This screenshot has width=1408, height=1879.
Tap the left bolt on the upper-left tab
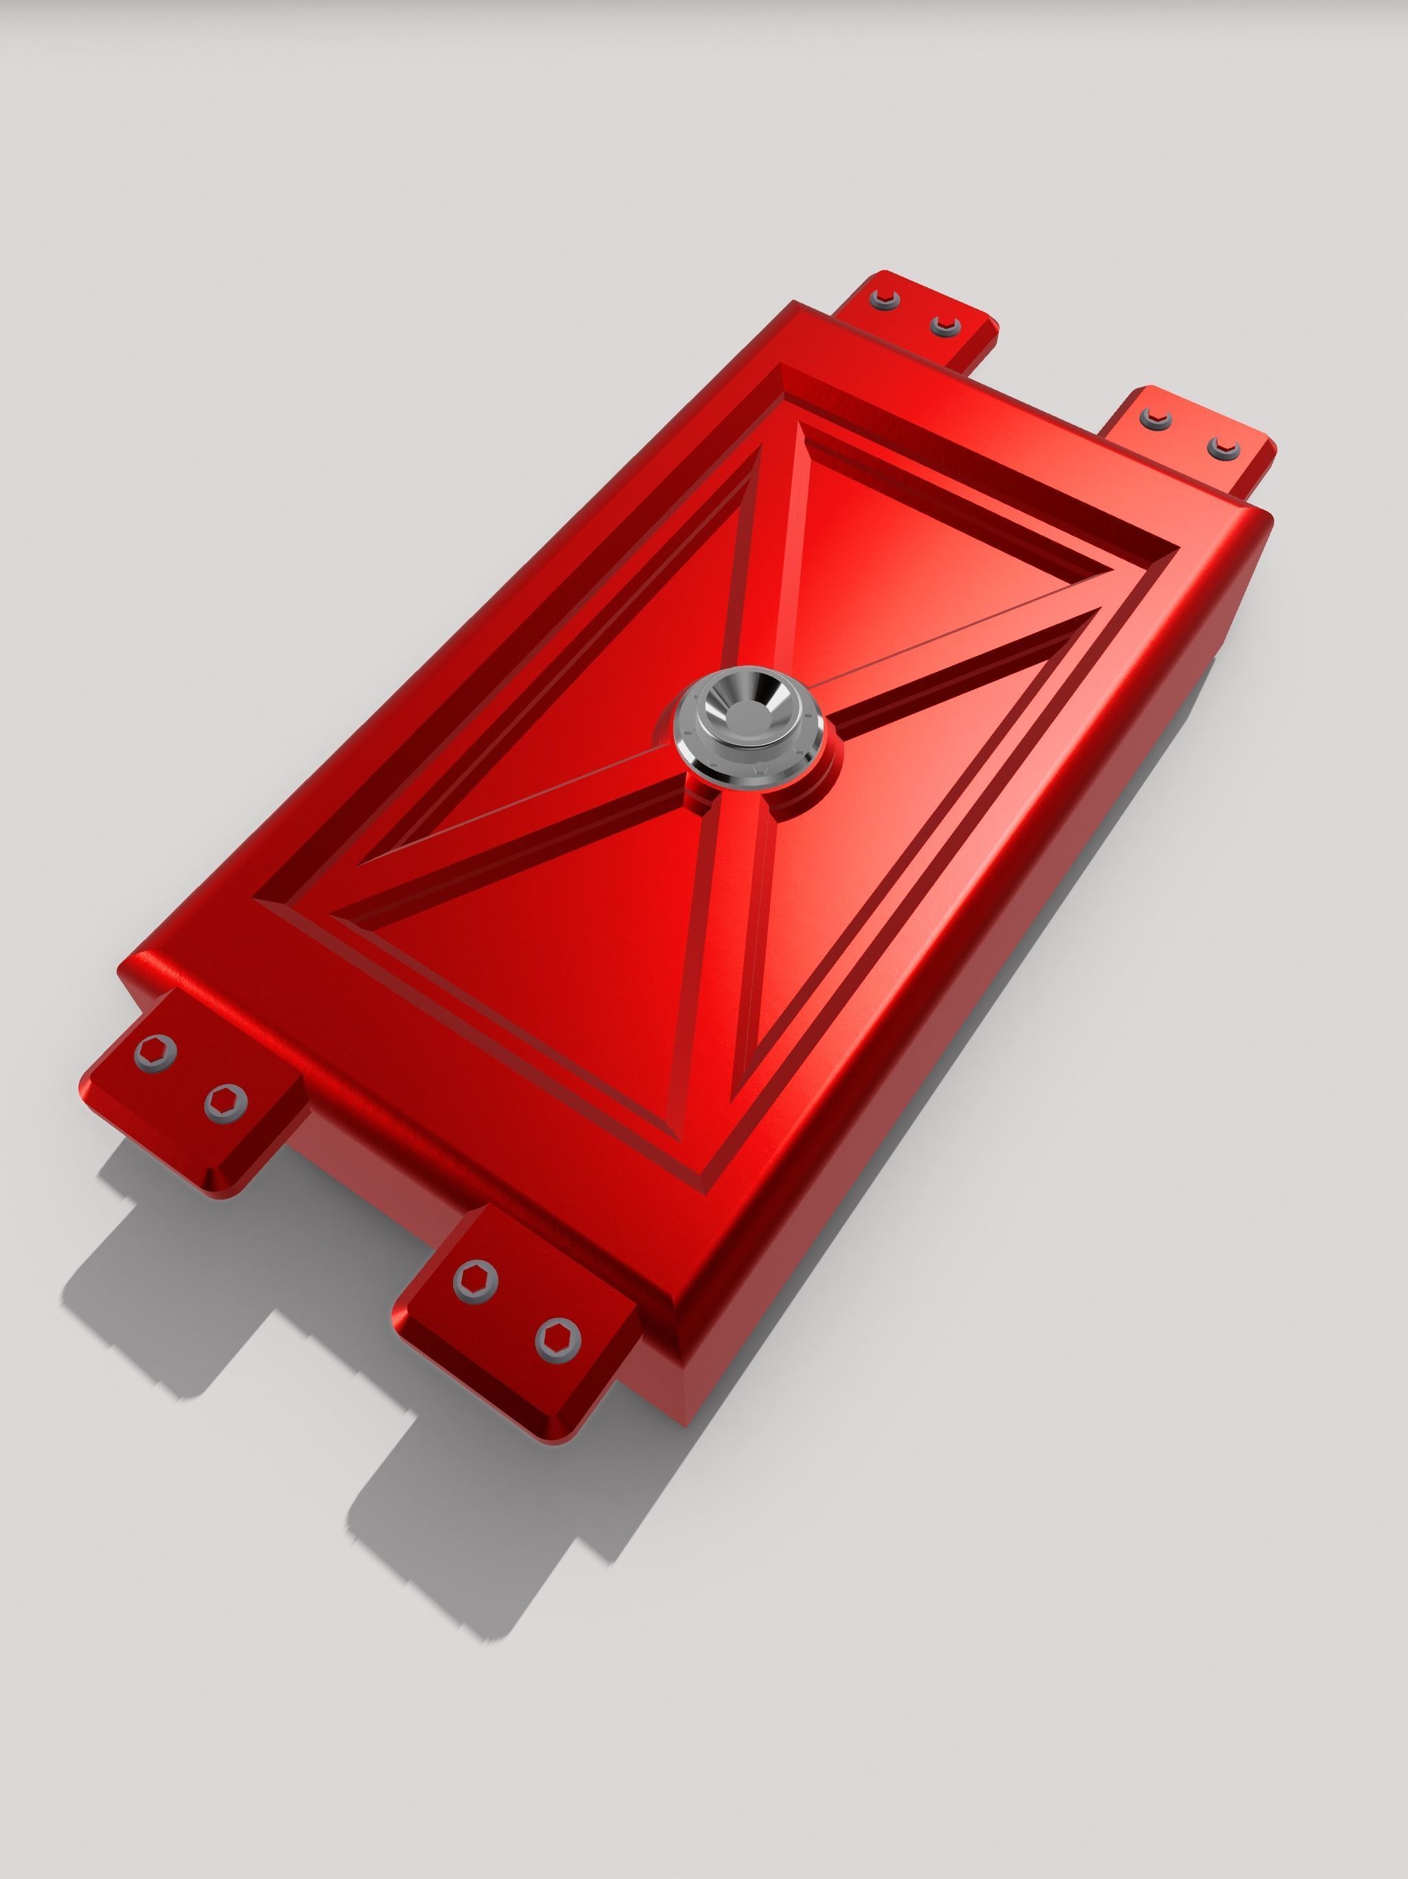click(882, 297)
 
